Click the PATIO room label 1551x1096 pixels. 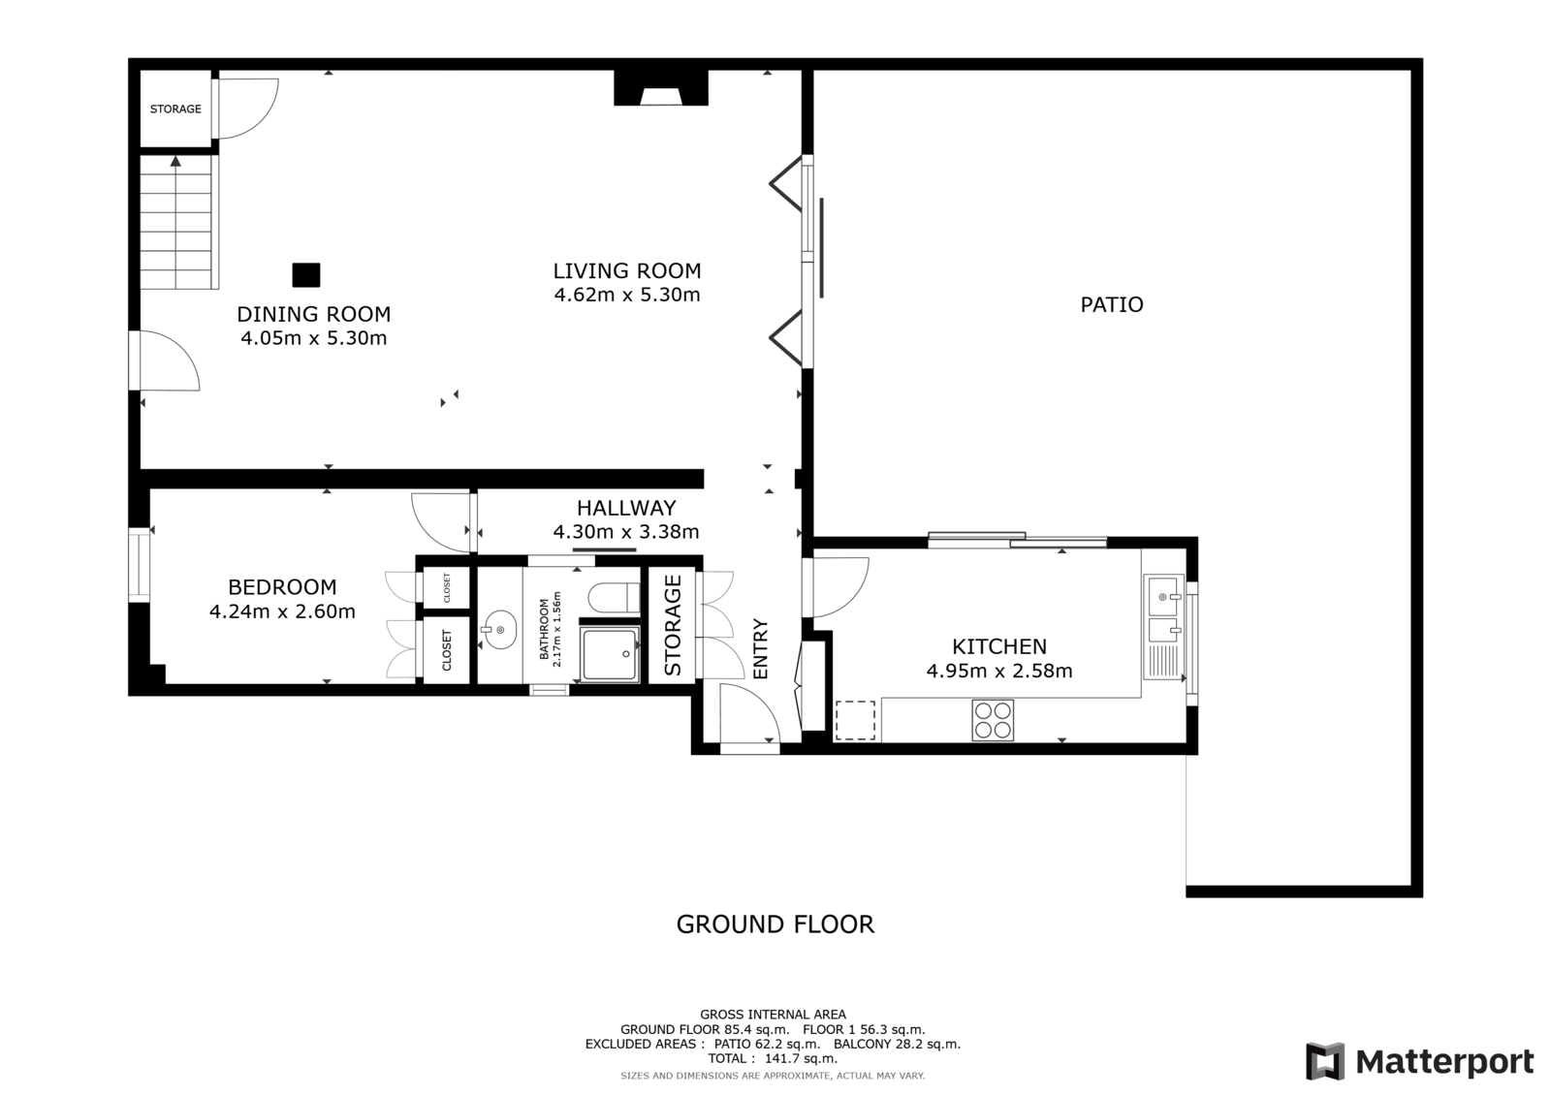point(1111,304)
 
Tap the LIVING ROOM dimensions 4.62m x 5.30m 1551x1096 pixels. point(626,295)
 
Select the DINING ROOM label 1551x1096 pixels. point(314,314)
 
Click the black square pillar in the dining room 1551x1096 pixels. point(306,275)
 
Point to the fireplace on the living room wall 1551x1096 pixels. point(660,88)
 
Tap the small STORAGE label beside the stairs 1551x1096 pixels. point(175,109)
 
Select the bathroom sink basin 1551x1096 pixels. point(499,629)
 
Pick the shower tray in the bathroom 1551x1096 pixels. point(610,653)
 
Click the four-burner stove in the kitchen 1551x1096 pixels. point(993,720)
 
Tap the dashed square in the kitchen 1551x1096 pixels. point(855,720)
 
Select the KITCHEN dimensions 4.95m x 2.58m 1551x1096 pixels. point(999,671)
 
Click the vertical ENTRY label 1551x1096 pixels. point(760,648)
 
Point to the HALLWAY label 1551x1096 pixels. point(626,508)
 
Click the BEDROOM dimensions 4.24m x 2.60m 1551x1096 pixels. point(282,612)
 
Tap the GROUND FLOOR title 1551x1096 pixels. point(775,924)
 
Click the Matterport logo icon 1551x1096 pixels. point(1324,1061)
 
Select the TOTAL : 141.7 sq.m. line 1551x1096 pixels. point(773,1058)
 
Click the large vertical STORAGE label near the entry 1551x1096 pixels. point(673,625)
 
